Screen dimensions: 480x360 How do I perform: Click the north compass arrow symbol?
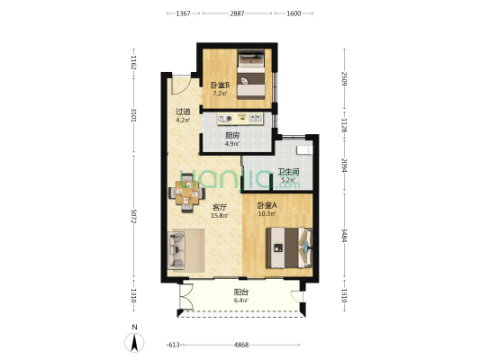(x=134, y=342)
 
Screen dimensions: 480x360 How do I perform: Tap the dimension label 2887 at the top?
(x=237, y=13)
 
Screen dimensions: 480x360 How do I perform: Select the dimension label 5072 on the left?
(x=133, y=216)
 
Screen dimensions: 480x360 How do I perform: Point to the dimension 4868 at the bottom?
(x=241, y=345)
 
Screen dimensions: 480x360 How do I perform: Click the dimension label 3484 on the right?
(x=344, y=235)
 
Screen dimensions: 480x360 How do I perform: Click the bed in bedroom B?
(x=251, y=75)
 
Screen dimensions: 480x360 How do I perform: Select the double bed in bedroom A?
(x=289, y=247)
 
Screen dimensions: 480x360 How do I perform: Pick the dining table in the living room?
(x=186, y=193)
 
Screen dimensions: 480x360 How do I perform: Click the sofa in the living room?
(x=176, y=250)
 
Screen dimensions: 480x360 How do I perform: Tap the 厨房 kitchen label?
(x=232, y=136)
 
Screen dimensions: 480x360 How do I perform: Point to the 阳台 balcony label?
(x=241, y=292)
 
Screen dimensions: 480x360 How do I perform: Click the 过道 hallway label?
(x=183, y=112)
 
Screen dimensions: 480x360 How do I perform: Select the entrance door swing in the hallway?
(x=180, y=84)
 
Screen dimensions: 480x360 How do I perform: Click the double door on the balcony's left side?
(x=186, y=297)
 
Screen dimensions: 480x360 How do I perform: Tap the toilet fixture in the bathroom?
(x=305, y=150)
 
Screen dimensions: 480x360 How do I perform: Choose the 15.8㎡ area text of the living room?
(x=220, y=215)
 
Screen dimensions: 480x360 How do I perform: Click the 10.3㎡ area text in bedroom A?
(x=267, y=213)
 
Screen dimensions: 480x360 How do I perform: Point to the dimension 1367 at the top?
(x=183, y=13)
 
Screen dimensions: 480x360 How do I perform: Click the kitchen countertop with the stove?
(x=240, y=119)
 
